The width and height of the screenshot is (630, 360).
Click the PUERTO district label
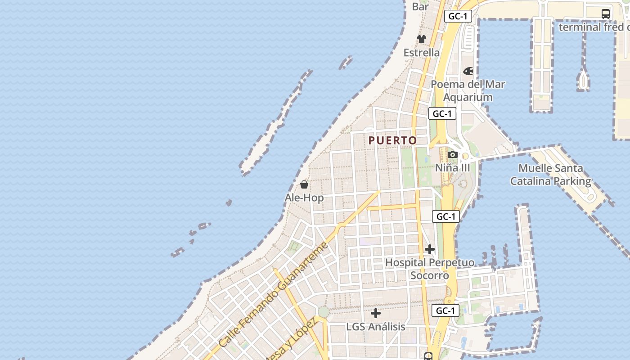pos(392,140)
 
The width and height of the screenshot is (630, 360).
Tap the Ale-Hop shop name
pos(304,198)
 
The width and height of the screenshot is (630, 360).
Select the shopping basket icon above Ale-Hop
pos(304,184)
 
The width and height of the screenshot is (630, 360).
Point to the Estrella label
pos(422,53)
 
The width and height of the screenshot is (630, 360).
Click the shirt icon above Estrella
pos(422,39)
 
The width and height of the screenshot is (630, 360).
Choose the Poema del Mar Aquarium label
pos(468,90)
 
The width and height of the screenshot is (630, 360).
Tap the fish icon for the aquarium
pos(468,71)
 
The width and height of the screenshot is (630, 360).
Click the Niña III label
pos(452,168)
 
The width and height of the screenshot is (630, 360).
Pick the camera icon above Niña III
pos(453,155)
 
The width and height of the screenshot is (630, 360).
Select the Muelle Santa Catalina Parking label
pos(550,175)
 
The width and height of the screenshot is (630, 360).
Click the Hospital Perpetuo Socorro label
pos(430,269)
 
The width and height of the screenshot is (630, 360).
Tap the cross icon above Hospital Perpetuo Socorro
pos(430,249)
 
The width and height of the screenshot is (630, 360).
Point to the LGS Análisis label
pos(376,327)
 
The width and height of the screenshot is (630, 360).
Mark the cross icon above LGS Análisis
pos(376,313)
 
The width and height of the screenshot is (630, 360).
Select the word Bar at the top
pos(420,7)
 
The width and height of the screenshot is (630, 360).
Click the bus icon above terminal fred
pos(606,14)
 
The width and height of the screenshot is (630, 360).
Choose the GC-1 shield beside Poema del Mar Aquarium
pos(442,114)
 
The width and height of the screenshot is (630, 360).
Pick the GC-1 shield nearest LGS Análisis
pos(445,310)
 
